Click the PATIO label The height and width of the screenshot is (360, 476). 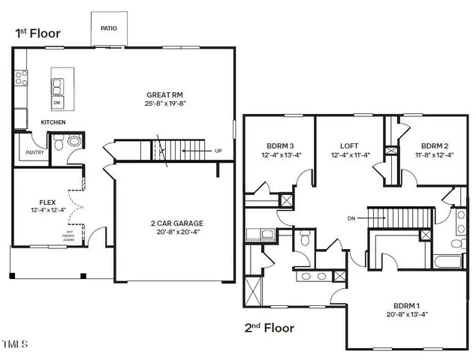pyautogui.click(x=109, y=29)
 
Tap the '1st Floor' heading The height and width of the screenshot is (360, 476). pyautogui.click(x=37, y=34)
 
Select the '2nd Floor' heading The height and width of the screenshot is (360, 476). pyautogui.click(x=268, y=328)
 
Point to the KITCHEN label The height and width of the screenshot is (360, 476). pyautogui.click(x=53, y=122)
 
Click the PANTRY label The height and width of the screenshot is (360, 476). pyautogui.click(x=35, y=152)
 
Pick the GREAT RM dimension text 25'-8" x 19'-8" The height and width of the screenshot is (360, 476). pyautogui.click(x=166, y=103)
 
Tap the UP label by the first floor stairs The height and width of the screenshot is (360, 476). pyautogui.click(x=218, y=151)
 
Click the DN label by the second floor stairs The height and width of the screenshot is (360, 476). pyautogui.click(x=351, y=217)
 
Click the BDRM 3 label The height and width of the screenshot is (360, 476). pyautogui.click(x=279, y=145)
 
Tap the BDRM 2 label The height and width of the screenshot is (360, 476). pyautogui.click(x=435, y=145)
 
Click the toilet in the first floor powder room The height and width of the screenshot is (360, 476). pyautogui.click(x=74, y=142)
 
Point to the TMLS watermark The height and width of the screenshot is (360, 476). pyautogui.click(x=15, y=345)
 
